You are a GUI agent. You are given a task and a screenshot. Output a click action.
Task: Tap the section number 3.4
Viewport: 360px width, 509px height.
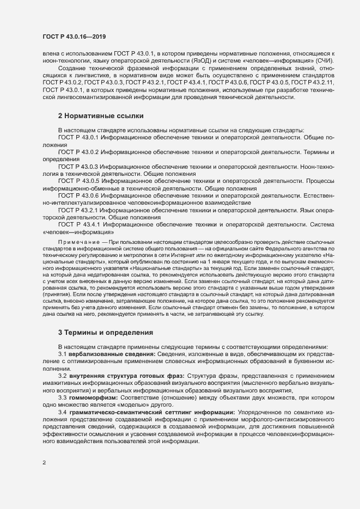(63, 413)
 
